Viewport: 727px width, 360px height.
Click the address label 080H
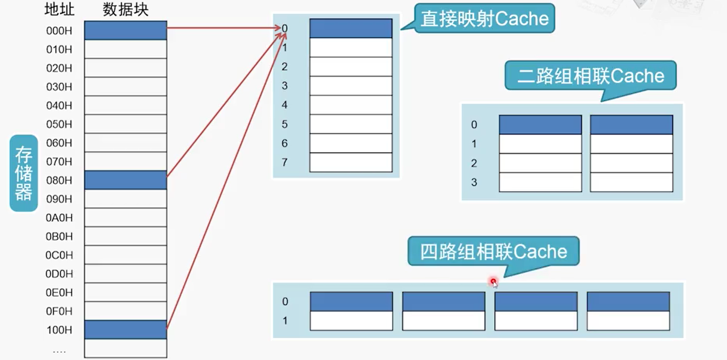pos(59,180)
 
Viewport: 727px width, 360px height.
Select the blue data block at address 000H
pos(126,30)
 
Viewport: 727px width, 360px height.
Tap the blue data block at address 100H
pos(126,330)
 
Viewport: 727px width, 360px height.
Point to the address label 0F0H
pos(59,311)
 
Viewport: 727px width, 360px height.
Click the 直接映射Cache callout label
pos(484,18)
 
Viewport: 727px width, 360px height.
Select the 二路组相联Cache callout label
pos(590,76)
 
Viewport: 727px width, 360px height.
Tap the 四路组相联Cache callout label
pos(493,252)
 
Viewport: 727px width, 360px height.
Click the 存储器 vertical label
pos(23,173)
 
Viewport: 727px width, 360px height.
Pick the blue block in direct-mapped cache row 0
pos(351,28)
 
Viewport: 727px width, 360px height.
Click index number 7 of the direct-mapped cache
pos(285,162)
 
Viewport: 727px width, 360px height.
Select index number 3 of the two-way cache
pos(474,182)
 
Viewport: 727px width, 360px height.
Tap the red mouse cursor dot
pos(493,281)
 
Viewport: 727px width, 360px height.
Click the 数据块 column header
pos(126,10)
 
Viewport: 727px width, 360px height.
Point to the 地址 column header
pos(59,9)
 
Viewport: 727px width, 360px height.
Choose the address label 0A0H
pos(59,218)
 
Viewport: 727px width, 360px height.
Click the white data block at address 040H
pos(126,105)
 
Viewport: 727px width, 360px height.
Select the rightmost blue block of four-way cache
pos(628,302)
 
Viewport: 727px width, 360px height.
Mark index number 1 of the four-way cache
pos(285,321)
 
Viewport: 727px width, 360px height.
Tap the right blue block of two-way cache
pos(631,125)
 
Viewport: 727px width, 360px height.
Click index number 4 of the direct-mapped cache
pos(285,105)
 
